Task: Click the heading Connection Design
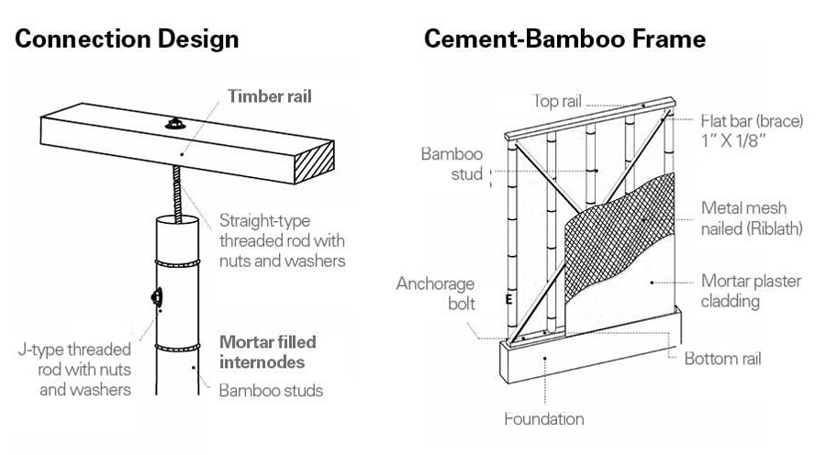click(127, 39)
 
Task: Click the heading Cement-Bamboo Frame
click(564, 39)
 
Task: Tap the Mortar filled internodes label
click(267, 351)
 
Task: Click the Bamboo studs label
click(271, 390)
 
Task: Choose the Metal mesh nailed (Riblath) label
click(750, 219)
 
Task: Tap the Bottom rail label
click(723, 358)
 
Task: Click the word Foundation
click(543, 419)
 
